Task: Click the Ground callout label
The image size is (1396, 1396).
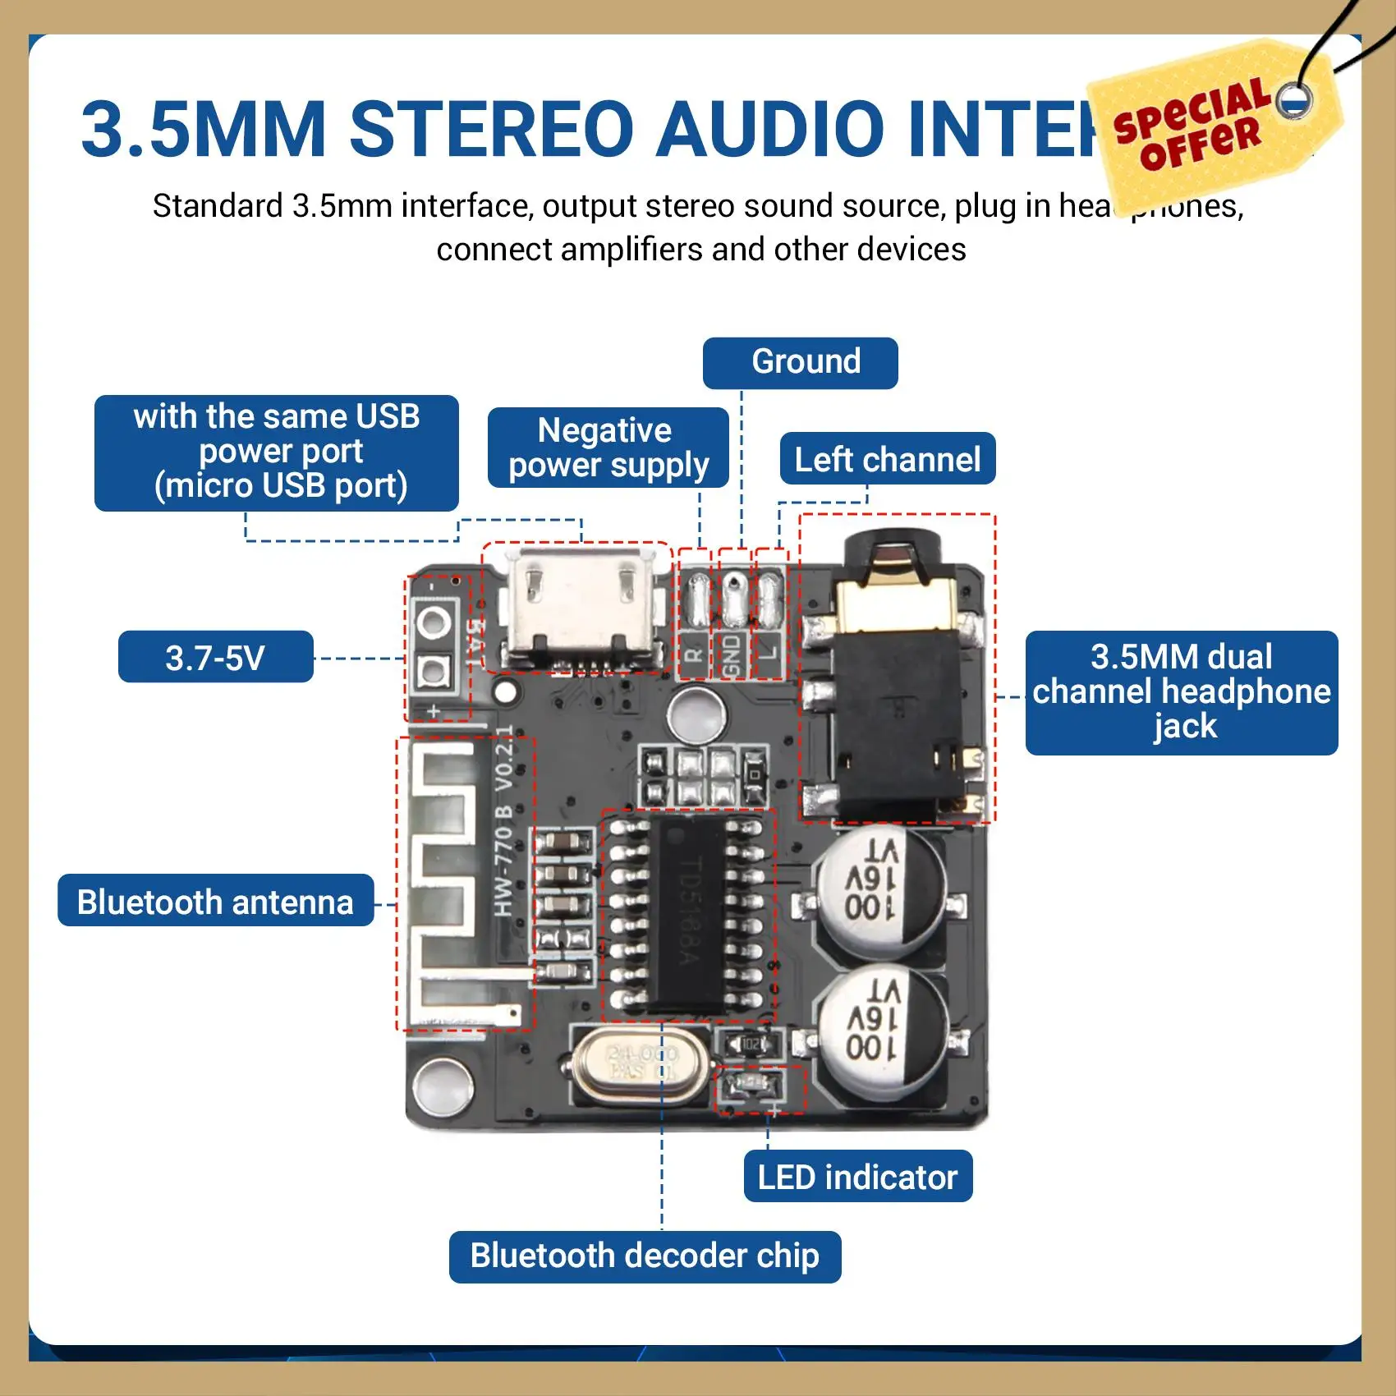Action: (800, 362)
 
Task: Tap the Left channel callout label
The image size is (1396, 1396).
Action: (887, 459)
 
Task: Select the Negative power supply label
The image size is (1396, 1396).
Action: (608, 448)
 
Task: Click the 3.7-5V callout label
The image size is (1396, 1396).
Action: (215, 657)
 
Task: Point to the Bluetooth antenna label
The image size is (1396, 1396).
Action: (215, 902)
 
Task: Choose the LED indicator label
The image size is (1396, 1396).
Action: (857, 1177)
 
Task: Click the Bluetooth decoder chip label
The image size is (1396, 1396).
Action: (645, 1256)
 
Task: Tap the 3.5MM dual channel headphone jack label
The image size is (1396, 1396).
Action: (1181, 692)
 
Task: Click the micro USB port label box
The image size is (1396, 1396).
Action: (277, 452)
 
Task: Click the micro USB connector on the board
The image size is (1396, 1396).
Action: (580, 608)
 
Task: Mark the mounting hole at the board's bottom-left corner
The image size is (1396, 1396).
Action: (443, 1085)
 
